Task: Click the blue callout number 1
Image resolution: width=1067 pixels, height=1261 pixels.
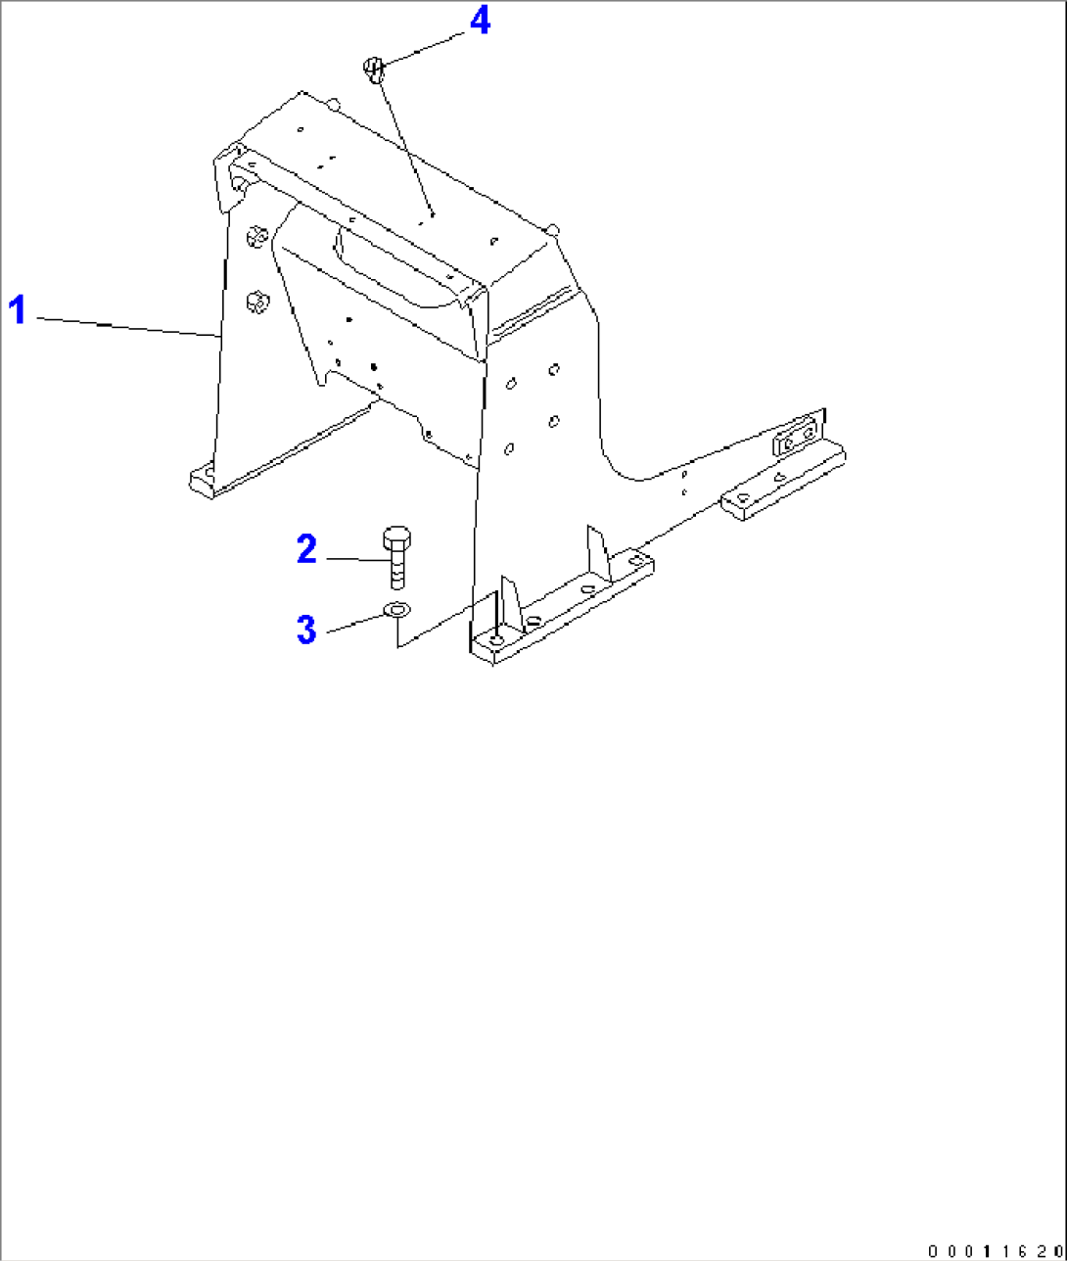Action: pos(18,310)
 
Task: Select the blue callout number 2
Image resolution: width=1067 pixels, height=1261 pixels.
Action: pos(306,549)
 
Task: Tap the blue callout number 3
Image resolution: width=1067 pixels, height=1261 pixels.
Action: pos(306,630)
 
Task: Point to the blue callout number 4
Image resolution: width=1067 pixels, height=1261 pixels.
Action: pos(480,22)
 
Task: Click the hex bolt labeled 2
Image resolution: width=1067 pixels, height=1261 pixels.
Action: pos(395,558)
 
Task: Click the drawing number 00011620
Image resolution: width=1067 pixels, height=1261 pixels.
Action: pos(993,1250)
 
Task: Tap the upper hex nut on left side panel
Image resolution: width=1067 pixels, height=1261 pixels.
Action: pos(256,236)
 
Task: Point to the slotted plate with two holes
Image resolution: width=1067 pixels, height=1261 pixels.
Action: pos(797,437)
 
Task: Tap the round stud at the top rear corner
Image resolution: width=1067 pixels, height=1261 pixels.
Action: pos(334,103)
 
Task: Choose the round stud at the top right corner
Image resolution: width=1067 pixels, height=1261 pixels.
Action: pos(552,229)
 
